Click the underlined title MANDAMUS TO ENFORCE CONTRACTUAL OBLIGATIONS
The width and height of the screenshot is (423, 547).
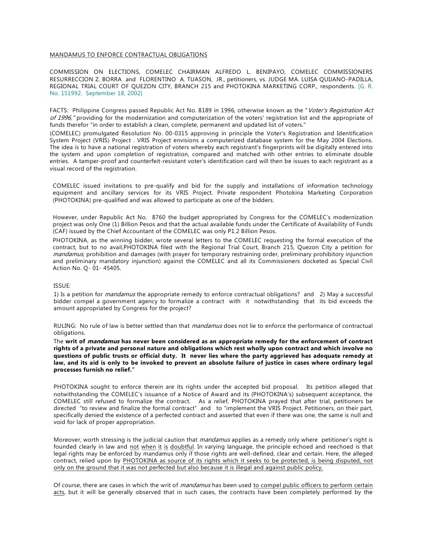[128, 55]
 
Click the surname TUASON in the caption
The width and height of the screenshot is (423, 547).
[177, 79]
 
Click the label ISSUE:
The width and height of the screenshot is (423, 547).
[62, 286]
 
